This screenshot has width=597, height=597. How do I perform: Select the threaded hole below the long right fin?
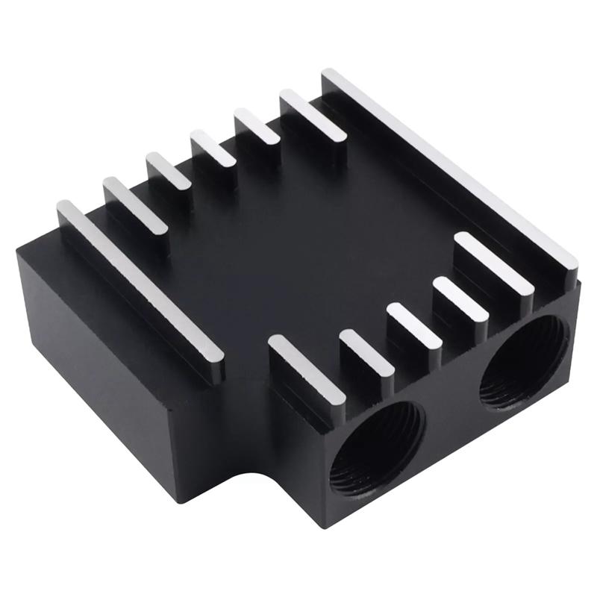click(x=524, y=362)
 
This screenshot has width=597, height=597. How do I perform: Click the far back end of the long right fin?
click(x=332, y=76)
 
